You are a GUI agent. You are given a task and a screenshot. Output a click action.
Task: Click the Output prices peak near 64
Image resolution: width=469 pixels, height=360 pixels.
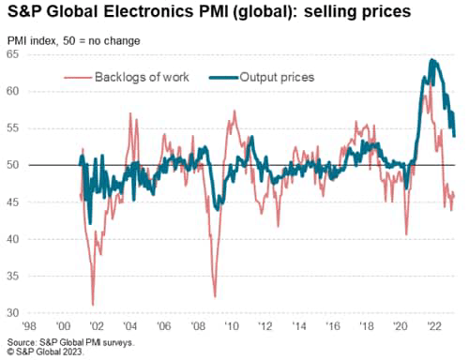click(431, 61)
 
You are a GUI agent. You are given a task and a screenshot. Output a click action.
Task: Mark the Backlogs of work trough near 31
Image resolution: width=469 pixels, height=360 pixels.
click(92, 304)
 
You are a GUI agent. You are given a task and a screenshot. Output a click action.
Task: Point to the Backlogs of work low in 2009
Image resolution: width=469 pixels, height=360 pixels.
click(215, 296)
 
